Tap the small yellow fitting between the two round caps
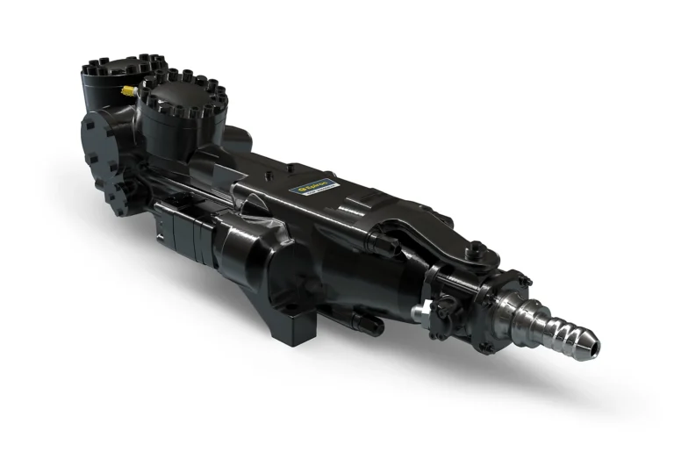(128, 91)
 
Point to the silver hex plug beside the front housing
(425, 309)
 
